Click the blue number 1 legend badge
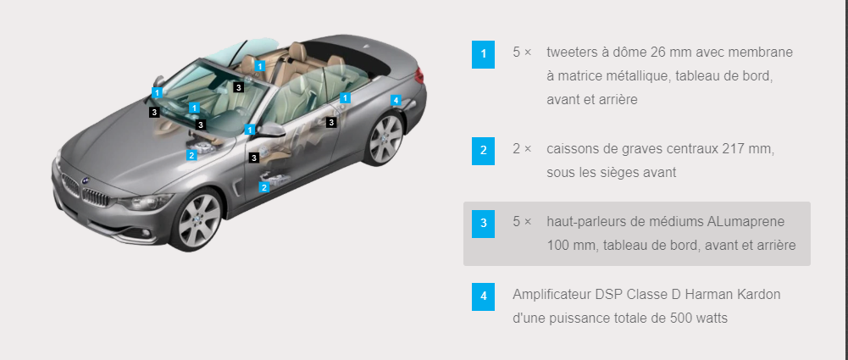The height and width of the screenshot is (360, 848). (x=483, y=54)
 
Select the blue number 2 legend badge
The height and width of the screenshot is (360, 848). (x=483, y=150)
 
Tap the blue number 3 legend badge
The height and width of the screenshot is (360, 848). (x=483, y=224)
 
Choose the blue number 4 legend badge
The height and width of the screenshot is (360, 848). (x=483, y=296)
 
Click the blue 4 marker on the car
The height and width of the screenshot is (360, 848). (x=396, y=100)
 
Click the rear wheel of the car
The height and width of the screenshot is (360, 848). (x=385, y=139)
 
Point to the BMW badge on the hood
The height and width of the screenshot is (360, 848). (x=85, y=180)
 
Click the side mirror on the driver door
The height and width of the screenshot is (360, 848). (x=273, y=130)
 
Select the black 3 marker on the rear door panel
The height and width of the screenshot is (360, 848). (x=331, y=123)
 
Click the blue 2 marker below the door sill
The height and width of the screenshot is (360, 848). (x=264, y=187)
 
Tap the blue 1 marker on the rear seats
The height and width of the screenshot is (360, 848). (x=260, y=66)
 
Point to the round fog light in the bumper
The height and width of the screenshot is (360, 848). (x=145, y=233)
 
